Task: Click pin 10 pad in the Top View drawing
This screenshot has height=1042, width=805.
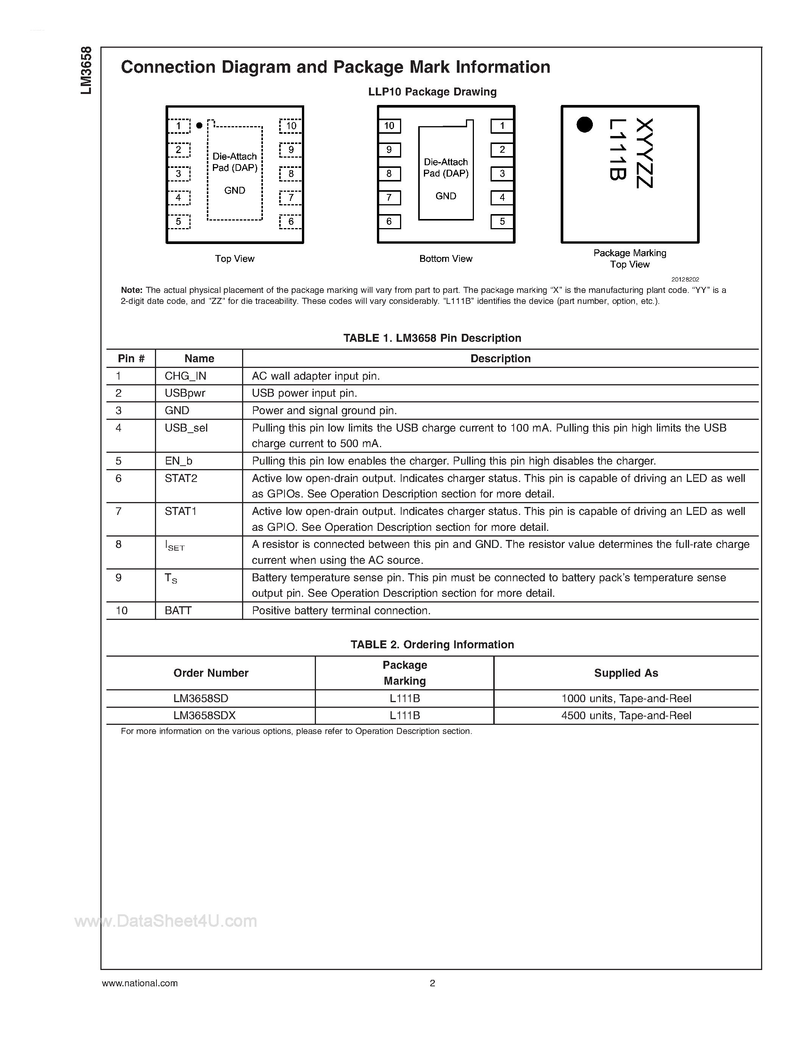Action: coord(291,126)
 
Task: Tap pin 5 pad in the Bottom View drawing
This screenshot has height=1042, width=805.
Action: coord(502,221)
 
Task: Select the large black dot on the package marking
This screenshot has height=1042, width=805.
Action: coord(584,125)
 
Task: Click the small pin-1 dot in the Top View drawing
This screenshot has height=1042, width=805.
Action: coord(199,125)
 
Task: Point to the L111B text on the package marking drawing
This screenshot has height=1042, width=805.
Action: coord(617,150)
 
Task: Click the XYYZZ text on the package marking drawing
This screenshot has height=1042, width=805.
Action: coord(644,153)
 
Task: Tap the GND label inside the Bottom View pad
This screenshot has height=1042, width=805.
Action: coord(445,196)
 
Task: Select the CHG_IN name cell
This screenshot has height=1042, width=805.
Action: coord(186,376)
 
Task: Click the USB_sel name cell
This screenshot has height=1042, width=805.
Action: coord(186,428)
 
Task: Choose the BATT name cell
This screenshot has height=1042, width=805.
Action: coord(178,611)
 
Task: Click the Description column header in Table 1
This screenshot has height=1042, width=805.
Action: coord(500,358)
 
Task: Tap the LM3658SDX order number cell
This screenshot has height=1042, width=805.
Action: coord(205,716)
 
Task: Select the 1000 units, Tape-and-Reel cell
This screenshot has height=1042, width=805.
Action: coord(626,698)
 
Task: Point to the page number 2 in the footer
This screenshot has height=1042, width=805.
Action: coord(433,983)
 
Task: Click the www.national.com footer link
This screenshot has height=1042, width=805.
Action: coord(140,983)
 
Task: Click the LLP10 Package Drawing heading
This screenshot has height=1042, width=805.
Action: coord(432,92)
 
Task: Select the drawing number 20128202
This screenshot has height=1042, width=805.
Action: coord(685,280)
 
